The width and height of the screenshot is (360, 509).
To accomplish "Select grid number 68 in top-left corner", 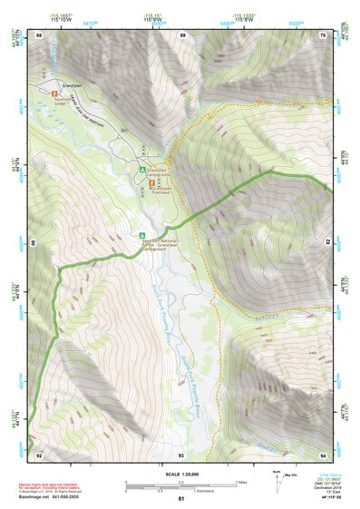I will click(39, 34).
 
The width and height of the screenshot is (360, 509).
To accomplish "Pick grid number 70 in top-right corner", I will click(325, 34).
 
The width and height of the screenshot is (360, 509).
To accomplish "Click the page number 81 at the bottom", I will click(180, 499).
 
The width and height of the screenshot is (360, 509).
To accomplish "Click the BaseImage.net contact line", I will click(55, 496).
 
